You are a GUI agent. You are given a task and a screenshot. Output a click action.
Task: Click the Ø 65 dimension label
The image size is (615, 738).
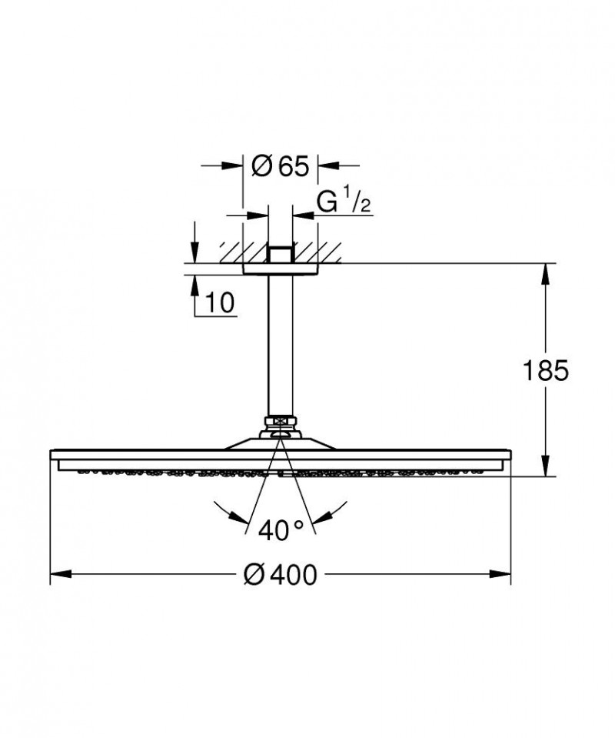pos(280,165)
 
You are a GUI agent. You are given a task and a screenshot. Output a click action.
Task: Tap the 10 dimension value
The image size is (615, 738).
pos(220,303)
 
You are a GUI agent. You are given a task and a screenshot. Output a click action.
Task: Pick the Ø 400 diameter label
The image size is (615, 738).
pos(280,574)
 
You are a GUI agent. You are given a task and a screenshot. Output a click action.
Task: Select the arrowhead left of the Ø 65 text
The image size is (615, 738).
pos(235,165)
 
